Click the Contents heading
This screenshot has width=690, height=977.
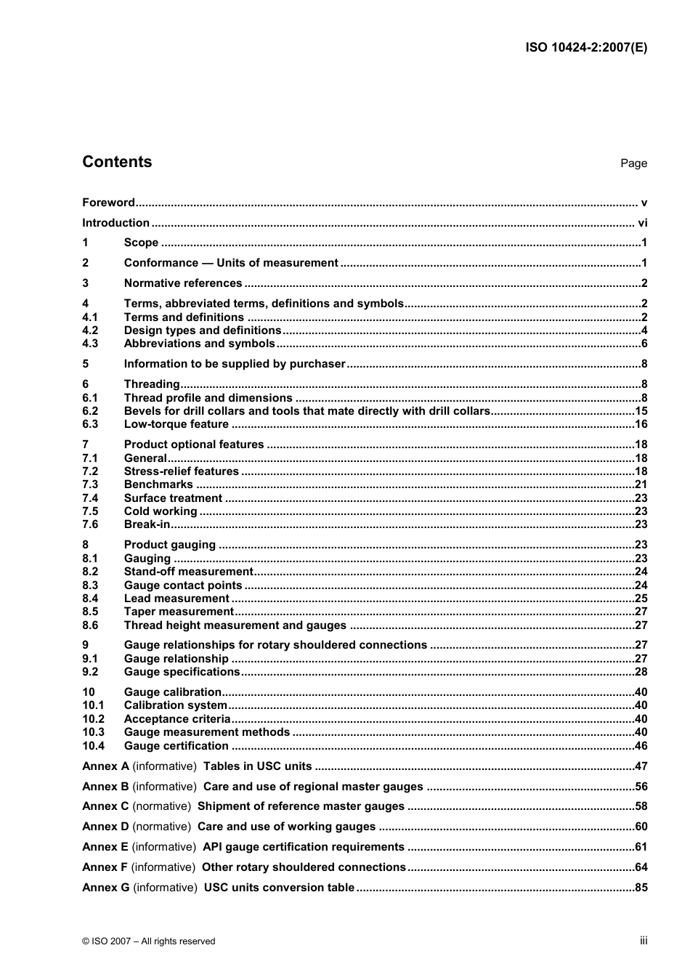coord(117,162)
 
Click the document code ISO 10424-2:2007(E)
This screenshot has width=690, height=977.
coord(585,48)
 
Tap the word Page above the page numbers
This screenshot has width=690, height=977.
coord(633,163)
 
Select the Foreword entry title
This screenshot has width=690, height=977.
coord(108,203)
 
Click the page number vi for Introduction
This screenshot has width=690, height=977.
coord(642,223)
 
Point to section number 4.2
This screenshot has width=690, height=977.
coord(90,331)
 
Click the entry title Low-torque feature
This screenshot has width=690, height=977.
coord(176,424)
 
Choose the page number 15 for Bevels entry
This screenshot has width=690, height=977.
coord(641,411)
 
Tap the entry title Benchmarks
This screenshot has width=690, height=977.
coord(158,485)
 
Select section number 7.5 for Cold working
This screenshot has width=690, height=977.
coord(90,511)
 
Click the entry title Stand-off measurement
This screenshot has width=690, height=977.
coord(188,572)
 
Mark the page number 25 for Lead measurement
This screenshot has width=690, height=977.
coord(641,599)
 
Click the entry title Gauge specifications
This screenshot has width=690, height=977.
coord(182,672)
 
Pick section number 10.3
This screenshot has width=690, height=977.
coord(93,732)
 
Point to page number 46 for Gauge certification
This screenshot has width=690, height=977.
coord(641,746)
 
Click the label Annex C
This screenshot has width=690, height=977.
coord(105,806)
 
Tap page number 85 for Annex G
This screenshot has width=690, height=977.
coord(641,888)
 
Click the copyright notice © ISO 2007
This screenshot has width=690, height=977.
coord(148,941)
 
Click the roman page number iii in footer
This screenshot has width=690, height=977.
coord(644,941)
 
